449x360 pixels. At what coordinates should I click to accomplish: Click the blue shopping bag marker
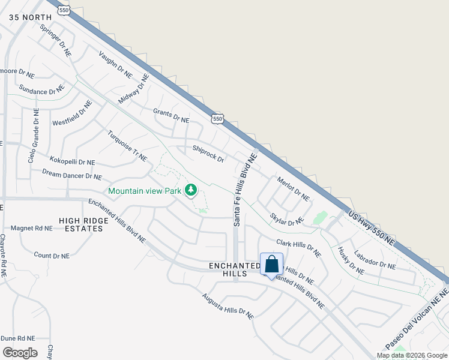tap(271, 264)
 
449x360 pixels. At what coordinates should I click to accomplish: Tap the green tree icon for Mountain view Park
tap(191, 190)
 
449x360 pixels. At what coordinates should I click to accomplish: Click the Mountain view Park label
tap(145, 191)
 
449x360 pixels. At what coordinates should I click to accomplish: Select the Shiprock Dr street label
tap(208, 154)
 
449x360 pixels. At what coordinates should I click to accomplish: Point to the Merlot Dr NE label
tap(293, 188)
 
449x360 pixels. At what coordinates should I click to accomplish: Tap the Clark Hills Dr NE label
tap(298, 248)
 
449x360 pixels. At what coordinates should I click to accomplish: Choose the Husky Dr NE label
tap(351, 260)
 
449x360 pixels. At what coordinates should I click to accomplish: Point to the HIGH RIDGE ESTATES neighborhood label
tap(84, 225)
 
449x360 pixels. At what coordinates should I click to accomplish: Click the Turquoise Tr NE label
tap(127, 146)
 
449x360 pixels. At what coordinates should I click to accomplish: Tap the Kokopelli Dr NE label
tap(73, 161)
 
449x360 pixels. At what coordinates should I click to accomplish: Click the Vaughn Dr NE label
tap(115, 64)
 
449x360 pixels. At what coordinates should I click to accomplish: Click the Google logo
tap(19, 353)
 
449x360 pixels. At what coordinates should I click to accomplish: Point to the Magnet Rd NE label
tap(32, 228)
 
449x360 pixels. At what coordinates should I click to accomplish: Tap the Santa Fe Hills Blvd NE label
tap(245, 188)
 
